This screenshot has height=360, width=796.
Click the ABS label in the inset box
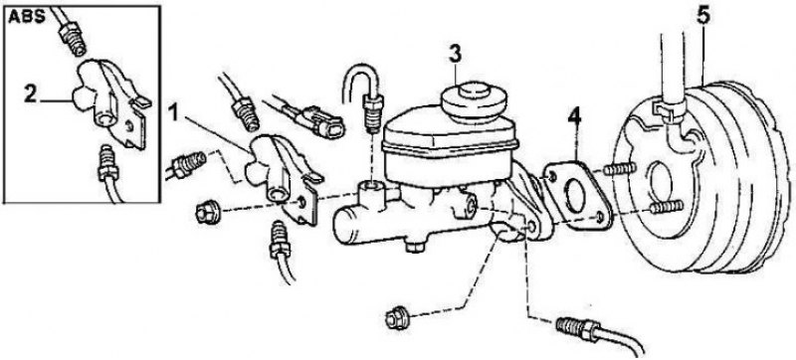(27, 16)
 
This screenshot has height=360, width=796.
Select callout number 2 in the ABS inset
(31, 94)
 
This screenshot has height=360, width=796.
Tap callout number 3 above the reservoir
(455, 55)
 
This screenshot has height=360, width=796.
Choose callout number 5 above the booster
(703, 16)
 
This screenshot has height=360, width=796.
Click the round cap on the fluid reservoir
(475, 101)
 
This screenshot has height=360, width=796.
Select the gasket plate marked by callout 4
(576, 195)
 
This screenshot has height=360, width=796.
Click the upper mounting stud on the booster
(619, 169)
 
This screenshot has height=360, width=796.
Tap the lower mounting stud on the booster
(667, 207)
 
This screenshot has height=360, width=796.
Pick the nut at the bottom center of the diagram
(397, 318)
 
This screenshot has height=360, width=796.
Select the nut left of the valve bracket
(208, 212)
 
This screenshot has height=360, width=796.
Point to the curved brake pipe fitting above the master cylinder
(371, 116)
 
